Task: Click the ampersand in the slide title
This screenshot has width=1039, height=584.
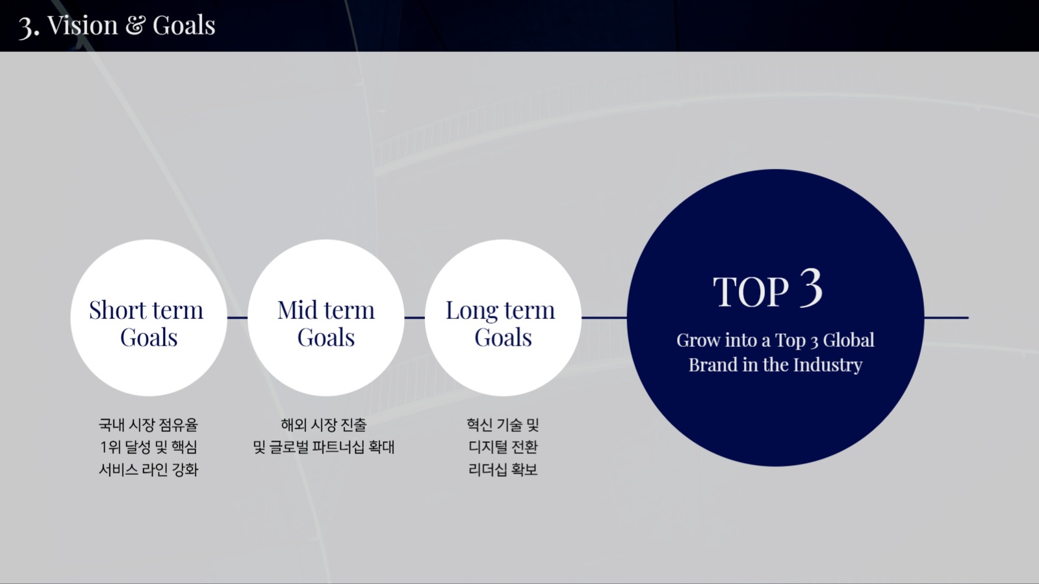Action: pyautogui.click(x=135, y=25)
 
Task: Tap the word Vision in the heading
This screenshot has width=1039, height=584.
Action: pyautogui.click(x=83, y=25)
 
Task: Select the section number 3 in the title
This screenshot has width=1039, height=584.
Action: pyautogui.click(x=27, y=27)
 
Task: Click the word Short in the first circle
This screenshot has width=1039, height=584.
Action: pyautogui.click(x=118, y=311)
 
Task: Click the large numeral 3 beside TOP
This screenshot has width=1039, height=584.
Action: pyautogui.click(x=810, y=288)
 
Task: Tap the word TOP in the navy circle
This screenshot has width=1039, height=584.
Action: pyautogui.click(x=750, y=292)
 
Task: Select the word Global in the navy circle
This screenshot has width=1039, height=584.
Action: pyautogui.click(x=849, y=340)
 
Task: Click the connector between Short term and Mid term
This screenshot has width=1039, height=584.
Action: pyautogui.click(x=237, y=318)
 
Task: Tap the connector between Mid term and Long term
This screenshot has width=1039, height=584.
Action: pyautogui.click(x=415, y=318)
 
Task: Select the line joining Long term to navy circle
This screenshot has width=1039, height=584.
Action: pyautogui.click(x=604, y=318)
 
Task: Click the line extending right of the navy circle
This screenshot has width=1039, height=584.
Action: pyautogui.click(x=946, y=318)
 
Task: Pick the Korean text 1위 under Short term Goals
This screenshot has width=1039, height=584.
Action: pyautogui.click(x=110, y=447)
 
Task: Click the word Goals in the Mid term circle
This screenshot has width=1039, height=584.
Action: pyautogui.click(x=326, y=338)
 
